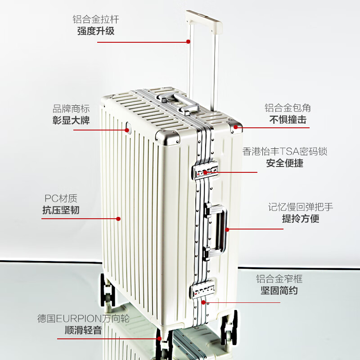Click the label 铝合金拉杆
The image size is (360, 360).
coord(96,19)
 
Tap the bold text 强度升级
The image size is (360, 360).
coord(96,31)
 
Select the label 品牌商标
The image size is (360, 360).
coord(71,109)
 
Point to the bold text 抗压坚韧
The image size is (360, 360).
coord(61,210)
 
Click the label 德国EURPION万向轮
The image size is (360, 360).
coord(84,319)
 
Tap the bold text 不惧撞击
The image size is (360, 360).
coord(288,120)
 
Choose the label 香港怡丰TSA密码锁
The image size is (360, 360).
coord(285,152)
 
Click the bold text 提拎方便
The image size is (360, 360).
coord(301,218)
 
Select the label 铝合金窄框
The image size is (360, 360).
coord(279,279)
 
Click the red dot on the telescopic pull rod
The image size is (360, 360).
coord(188,41)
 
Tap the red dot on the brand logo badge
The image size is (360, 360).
coord(127,130)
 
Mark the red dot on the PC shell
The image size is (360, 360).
coord(118,219)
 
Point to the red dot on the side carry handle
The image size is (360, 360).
coord(227,229)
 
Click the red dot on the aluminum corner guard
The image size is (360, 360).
coord(235,127)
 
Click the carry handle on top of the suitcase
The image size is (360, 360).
coord(178,103)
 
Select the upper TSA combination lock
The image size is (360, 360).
coord(205,170)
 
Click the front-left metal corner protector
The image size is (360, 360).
coord(168,137)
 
